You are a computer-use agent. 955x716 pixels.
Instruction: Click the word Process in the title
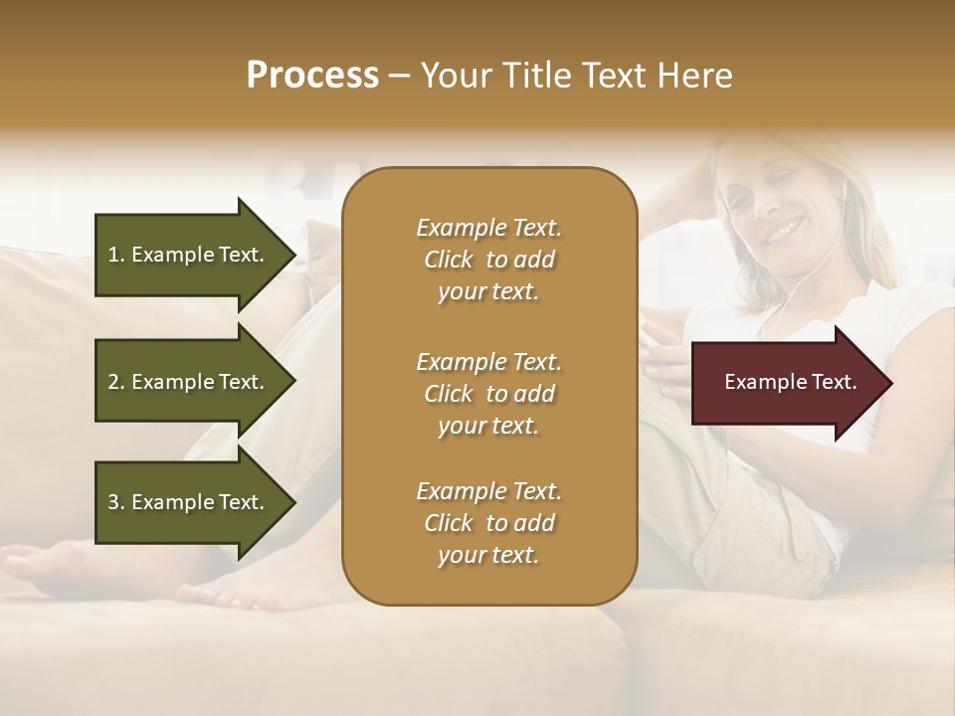pos(312,75)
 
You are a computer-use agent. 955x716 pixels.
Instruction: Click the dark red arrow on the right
pos(786,383)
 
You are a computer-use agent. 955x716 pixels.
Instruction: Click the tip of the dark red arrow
pos(889,383)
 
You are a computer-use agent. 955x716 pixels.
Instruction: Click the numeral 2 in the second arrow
pos(113,382)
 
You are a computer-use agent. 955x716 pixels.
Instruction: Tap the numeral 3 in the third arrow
pos(113,502)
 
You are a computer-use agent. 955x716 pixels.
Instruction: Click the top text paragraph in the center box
pos(488,260)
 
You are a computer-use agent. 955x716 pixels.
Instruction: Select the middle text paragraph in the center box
pos(488,394)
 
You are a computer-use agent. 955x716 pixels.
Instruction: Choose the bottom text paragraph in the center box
pos(488,523)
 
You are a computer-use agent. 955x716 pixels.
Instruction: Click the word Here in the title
pos(696,75)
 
